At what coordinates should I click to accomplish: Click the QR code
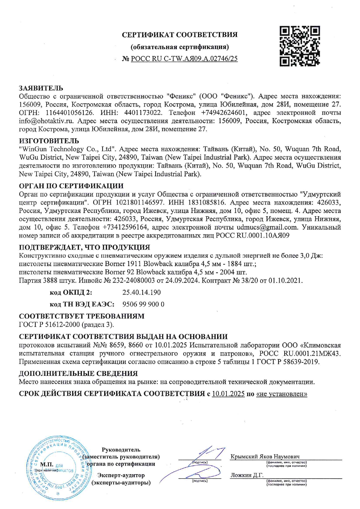[299, 46]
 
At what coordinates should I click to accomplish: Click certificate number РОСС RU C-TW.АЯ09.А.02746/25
[184, 59]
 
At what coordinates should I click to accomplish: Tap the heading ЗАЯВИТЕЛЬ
[41, 88]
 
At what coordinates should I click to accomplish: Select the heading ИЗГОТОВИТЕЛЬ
[49, 141]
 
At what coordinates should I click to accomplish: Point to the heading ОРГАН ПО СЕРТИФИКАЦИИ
[71, 186]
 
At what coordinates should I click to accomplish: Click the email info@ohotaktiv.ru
[46, 121]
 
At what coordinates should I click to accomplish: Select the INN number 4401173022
[143, 113]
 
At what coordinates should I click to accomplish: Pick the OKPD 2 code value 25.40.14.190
[141, 292]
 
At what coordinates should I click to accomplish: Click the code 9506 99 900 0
[143, 304]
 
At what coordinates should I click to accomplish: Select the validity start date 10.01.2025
[228, 394]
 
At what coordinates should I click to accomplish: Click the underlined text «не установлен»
[282, 394]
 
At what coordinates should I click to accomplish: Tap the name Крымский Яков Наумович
[265, 456]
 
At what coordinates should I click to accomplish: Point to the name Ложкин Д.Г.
[247, 475]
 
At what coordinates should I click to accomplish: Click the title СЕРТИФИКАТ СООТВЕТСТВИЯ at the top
[180, 35]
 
